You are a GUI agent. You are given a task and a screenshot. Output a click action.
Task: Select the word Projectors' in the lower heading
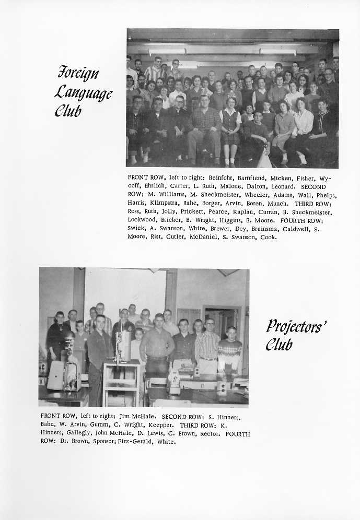coord(296,326)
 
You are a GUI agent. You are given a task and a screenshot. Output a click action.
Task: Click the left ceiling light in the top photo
coord(167,51)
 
